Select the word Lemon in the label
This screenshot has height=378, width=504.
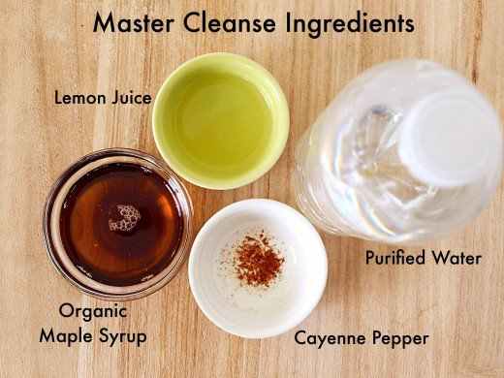[79, 98]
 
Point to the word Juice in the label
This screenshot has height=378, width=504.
[130, 98]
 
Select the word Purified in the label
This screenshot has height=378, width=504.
[396, 259]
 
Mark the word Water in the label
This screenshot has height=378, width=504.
[457, 259]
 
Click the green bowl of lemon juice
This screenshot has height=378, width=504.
[220, 116]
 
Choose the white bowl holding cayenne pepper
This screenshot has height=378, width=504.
[257, 291]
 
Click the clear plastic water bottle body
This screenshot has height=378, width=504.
[349, 165]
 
